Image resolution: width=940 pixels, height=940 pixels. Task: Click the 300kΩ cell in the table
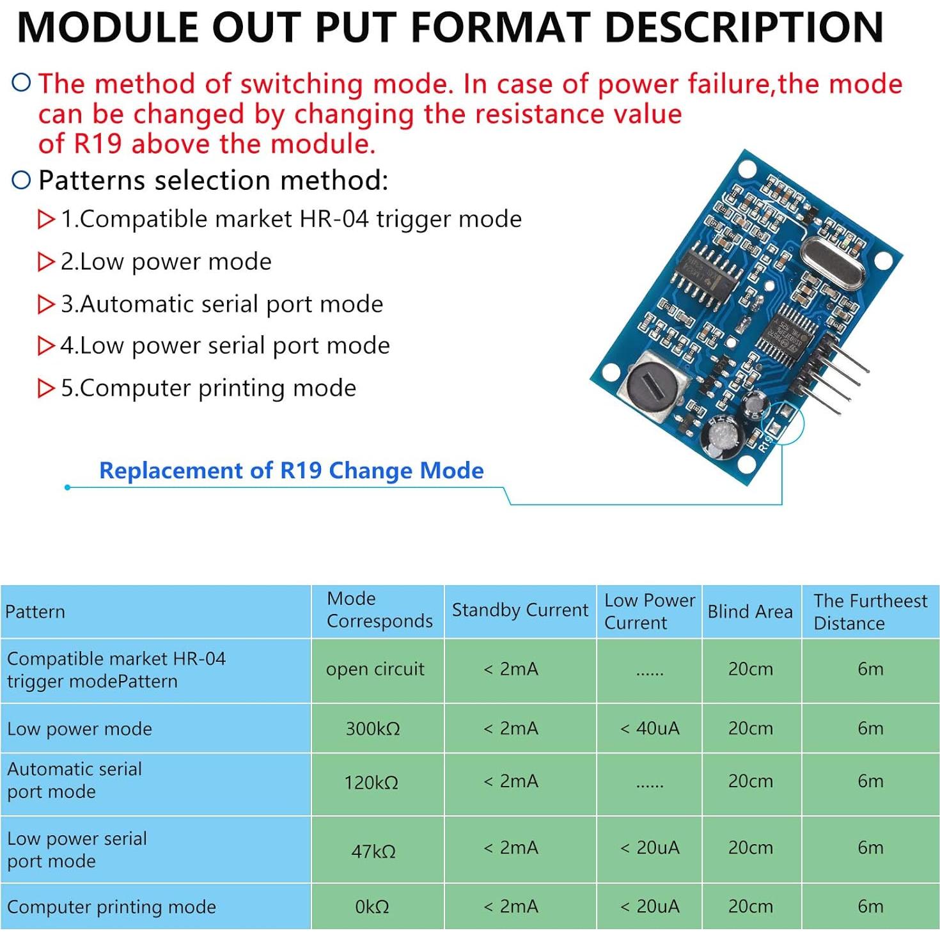point(373,728)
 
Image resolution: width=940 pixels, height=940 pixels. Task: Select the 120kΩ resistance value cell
point(372,782)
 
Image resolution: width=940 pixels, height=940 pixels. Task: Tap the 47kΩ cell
point(373,851)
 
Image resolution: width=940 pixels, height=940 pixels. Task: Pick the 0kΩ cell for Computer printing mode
point(372,907)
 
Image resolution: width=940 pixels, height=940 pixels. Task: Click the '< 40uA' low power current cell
point(650,728)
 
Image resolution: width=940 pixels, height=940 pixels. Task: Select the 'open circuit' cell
point(375,670)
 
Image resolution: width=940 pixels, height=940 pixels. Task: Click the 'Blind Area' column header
point(750,612)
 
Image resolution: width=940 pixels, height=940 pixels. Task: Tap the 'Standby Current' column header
point(520,610)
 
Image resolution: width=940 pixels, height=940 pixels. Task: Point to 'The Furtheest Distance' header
point(870,612)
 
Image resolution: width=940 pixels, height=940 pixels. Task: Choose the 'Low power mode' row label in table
point(80,729)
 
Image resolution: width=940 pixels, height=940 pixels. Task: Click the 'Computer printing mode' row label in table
point(112,907)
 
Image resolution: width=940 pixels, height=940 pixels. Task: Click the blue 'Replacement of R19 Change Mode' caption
point(292,471)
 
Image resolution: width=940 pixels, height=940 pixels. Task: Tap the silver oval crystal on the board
point(831,263)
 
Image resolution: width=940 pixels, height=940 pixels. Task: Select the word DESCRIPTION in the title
point(744,27)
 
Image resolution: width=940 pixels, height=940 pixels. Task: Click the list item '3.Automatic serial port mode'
point(222,304)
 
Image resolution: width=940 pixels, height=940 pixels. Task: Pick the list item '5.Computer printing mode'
point(208,388)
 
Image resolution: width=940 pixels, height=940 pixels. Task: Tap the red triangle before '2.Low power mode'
point(46,262)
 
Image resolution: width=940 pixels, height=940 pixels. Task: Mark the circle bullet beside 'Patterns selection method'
point(22,180)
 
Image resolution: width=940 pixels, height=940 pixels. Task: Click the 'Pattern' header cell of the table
point(35,612)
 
